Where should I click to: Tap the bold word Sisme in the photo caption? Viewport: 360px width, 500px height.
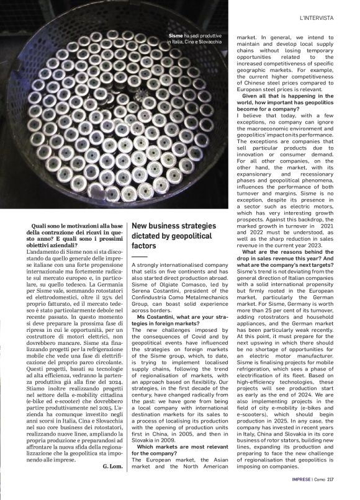tap(176, 36)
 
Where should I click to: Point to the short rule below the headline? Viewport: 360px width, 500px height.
tap(140, 256)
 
